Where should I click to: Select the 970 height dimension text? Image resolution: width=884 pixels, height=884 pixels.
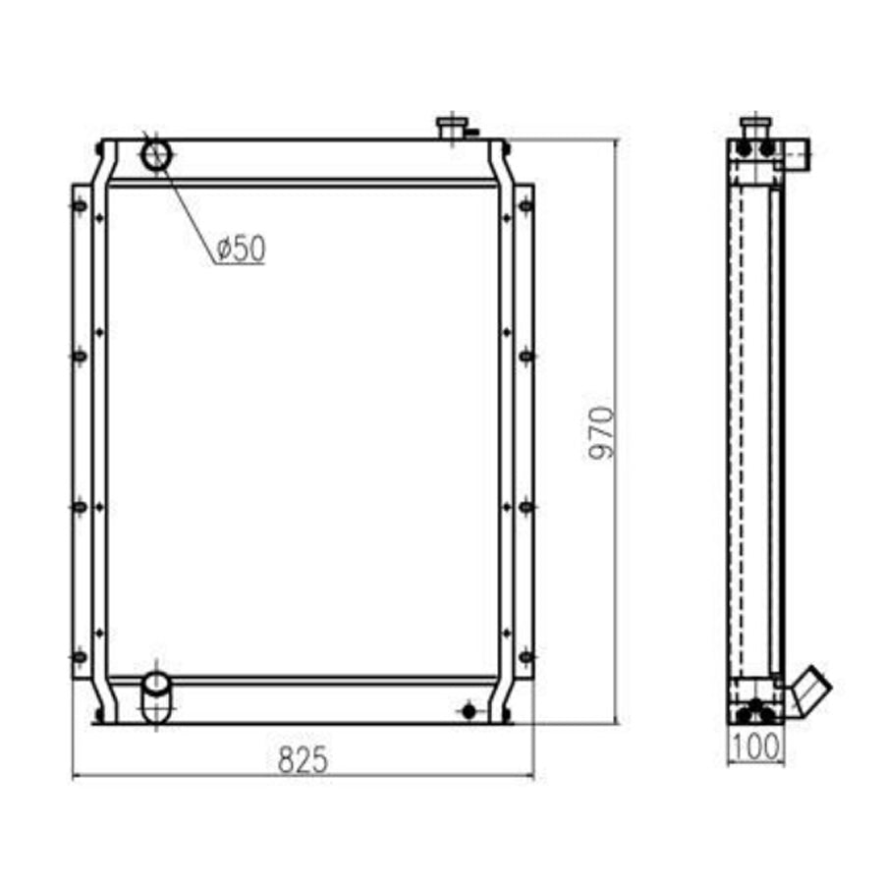(600, 431)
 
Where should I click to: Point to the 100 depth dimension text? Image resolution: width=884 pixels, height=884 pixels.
(755, 747)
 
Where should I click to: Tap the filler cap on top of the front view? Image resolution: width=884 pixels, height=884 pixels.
(453, 128)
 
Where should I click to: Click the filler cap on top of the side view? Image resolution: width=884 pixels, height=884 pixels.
(755, 127)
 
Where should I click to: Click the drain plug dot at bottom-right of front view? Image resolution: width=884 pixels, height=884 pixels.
(469, 709)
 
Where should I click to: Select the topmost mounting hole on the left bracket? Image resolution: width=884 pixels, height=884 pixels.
(80, 205)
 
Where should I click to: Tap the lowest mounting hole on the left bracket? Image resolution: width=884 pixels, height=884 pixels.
(80, 656)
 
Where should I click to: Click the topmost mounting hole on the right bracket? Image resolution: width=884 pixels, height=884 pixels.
(525, 205)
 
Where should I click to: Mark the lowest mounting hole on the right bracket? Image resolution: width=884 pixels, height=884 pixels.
(525, 656)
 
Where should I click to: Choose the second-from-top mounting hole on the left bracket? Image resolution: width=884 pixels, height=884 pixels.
(80, 356)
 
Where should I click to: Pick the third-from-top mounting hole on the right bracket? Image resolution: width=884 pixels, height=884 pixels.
(525, 506)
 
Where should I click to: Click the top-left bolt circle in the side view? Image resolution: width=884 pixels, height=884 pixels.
(744, 149)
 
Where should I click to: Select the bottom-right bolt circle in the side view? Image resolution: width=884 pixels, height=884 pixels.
(767, 714)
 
